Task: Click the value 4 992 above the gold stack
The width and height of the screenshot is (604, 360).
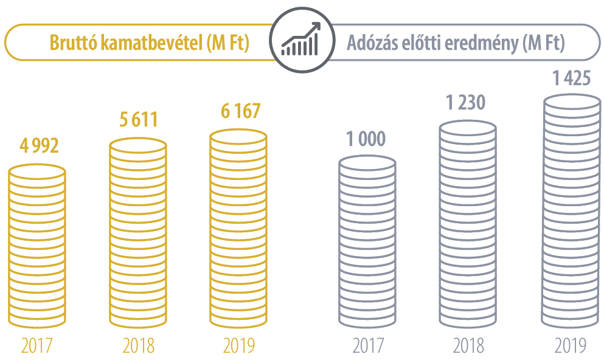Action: (x=38, y=147)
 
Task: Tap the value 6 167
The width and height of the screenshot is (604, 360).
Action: (x=240, y=111)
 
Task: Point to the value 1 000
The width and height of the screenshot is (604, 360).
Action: (x=366, y=139)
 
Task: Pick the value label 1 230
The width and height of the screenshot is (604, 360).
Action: (x=466, y=103)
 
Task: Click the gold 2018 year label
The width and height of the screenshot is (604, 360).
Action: (x=138, y=346)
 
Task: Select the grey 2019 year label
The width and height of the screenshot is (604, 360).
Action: (x=570, y=346)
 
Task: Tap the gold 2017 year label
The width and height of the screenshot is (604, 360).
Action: (x=37, y=346)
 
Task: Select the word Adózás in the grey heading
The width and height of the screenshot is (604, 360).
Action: (x=370, y=44)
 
